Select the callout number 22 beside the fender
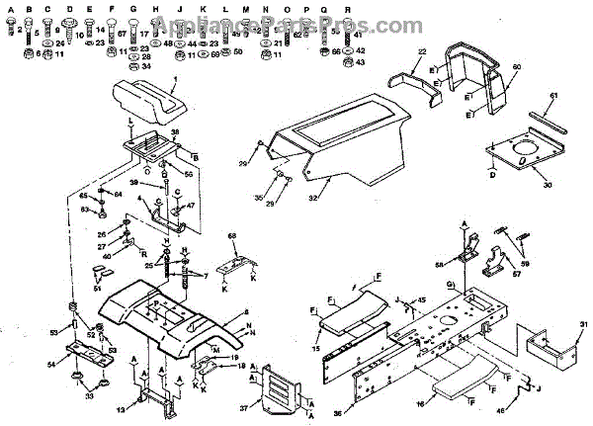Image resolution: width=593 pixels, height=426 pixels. (x=421, y=52)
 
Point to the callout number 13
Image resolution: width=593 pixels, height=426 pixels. (x=122, y=409)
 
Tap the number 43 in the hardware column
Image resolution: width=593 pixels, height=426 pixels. (x=360, y=61)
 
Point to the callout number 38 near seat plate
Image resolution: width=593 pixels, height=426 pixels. (x=175, y=132)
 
